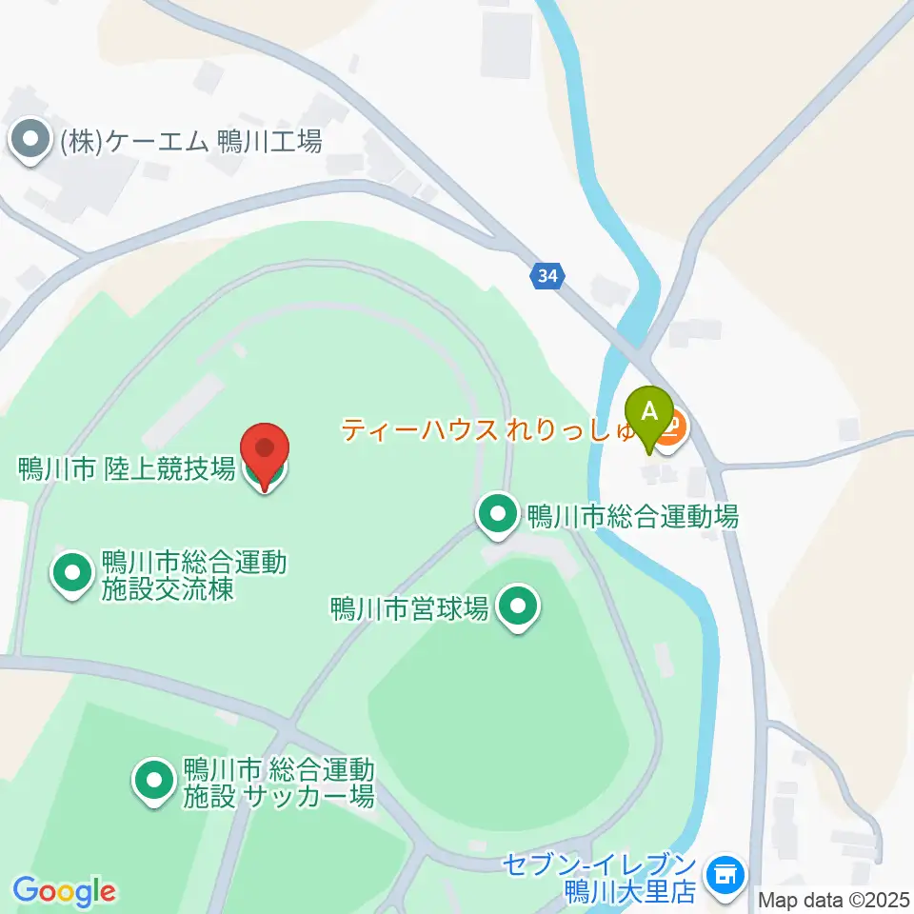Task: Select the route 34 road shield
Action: coord(546,276)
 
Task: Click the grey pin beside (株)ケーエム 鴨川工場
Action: coord(30,142)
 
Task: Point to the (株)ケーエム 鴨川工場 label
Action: coord(190,143)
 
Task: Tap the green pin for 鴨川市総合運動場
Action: coord(497,515)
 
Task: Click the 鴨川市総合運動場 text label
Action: coord(632,517)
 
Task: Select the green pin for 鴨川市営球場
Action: coord(519,606)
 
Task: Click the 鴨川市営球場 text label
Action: coord(409,607)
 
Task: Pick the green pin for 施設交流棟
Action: coord(72,574)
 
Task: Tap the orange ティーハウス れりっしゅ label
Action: coord(489,430)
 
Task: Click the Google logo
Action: coord(64,891)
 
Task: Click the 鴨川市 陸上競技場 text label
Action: coord(127,468)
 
